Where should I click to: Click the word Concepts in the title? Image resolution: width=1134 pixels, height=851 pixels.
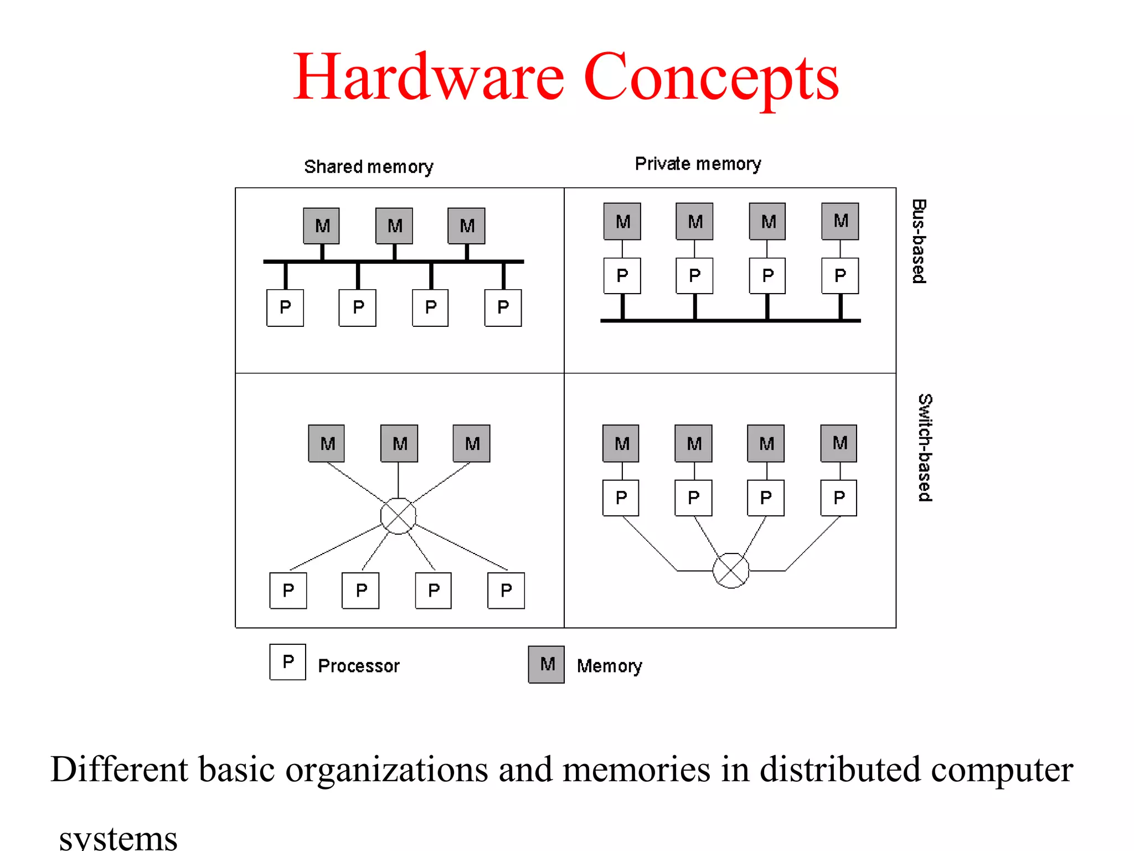pos(711,78)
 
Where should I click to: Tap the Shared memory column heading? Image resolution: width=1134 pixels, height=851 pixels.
pos(369,167)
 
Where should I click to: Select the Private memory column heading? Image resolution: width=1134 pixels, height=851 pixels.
pos(698,164)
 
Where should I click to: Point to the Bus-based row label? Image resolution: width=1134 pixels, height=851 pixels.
pos(919,241)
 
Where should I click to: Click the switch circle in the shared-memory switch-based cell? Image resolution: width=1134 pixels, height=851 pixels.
pos(398,516)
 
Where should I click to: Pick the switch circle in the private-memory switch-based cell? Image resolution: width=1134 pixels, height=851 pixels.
pos(731,570)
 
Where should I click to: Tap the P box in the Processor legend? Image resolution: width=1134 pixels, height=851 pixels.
pos(287,662)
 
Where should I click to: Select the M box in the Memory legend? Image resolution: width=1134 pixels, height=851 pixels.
pos(547,664)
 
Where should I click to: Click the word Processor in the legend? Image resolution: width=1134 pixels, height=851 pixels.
pos(359,665)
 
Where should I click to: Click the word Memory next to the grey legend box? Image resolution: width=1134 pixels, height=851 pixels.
pos(609,665)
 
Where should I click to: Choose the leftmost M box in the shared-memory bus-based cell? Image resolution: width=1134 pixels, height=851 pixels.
pos(322,226)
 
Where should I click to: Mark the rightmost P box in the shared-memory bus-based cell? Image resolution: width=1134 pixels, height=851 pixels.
pos(503,307)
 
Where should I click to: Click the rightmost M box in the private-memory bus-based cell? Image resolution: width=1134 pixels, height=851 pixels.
pos(840,221)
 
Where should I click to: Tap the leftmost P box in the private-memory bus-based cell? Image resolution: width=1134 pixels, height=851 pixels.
pos(622,275)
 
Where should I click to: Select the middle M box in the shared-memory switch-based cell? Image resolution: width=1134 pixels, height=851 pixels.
pos(399,443)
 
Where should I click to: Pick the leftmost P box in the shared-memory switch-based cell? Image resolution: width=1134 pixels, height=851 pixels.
pos(288,591)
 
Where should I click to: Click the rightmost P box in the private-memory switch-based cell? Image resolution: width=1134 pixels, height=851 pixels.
pos(839,498)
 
